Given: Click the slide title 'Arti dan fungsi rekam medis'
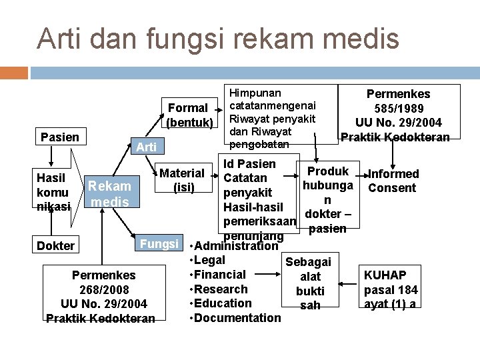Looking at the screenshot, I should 218,38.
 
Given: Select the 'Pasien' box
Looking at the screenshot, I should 59,137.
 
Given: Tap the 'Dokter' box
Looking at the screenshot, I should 56,245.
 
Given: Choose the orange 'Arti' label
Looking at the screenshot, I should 146,147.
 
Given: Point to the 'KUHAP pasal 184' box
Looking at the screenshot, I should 391,289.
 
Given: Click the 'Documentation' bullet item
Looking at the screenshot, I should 237,317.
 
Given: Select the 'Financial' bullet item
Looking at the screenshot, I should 219,274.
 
